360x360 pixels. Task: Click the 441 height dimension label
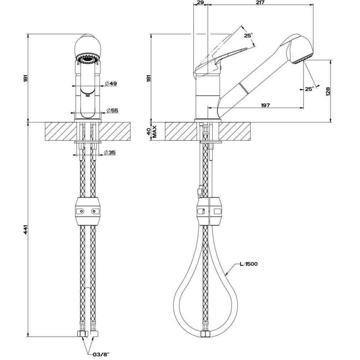click(x=26, y=230)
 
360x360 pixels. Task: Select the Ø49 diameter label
click(x=111, y=84)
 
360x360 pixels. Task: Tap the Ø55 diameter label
click(x=112, y=111)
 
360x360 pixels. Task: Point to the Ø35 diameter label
click(x=109, y=152)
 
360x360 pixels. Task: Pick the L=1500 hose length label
click(x=248, y=264)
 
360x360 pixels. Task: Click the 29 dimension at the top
click(x=200, y=3)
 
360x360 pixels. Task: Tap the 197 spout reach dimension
click(x=265, y=105)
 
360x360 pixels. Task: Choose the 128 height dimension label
click(x=328, y=91)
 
